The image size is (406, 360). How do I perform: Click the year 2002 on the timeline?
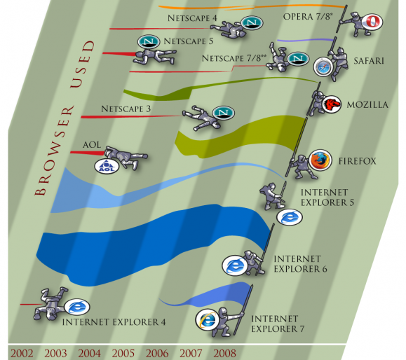[x=22, y=353]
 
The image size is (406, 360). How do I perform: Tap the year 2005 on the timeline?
[x=123, y=353]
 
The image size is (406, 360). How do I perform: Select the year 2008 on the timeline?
[x=225, y=353]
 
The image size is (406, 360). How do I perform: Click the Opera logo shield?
[x=372, y=22]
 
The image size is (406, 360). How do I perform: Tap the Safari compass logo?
[x=323, y=67]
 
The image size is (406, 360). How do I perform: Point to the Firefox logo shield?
[x=320, y=160]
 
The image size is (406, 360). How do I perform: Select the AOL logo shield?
[x=107, y=167]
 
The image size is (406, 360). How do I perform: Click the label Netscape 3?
[x=126, y=109]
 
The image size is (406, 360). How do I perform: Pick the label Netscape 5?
[x=189, y=41]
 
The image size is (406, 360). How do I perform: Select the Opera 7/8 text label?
[x=308, y=17]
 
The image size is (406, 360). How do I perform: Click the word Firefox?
[x=357, y=161]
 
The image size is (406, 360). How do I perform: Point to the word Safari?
[x=369, y=61]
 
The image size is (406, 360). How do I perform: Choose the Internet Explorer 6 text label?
[x=300, y=264]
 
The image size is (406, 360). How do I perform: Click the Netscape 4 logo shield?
[x=252, y=22]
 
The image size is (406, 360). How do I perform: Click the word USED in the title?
[x=83, y=64]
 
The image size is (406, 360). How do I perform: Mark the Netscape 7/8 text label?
[x=234, y=58]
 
